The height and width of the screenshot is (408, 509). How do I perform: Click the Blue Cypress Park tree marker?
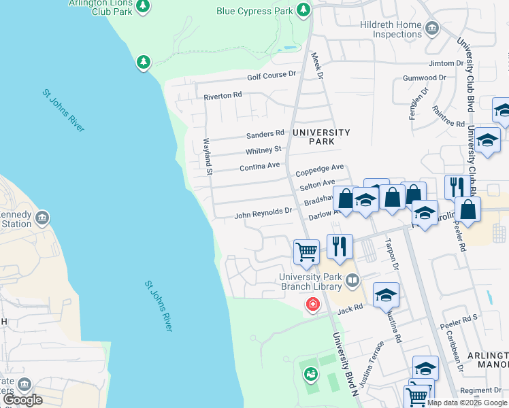pos(303,10)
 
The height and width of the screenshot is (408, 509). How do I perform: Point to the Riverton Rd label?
pos(223,97)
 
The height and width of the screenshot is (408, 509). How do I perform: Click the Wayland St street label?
pos(208,156)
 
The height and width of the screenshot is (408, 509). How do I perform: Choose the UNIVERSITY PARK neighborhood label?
pos(312,137)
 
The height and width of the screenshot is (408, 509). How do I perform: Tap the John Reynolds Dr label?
pos(263,214)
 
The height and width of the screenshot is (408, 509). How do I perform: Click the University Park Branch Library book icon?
pos(352,280)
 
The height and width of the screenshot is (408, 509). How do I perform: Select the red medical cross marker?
pos(313,304)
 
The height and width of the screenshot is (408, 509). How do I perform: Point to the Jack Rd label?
pos(348,309)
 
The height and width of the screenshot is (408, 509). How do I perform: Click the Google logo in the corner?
pos(22,400)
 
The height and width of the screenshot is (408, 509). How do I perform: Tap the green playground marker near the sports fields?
pos(310,373)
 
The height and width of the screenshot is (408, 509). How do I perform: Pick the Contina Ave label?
pos(259,166)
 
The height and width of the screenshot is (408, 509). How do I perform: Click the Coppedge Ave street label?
pos(320,168)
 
